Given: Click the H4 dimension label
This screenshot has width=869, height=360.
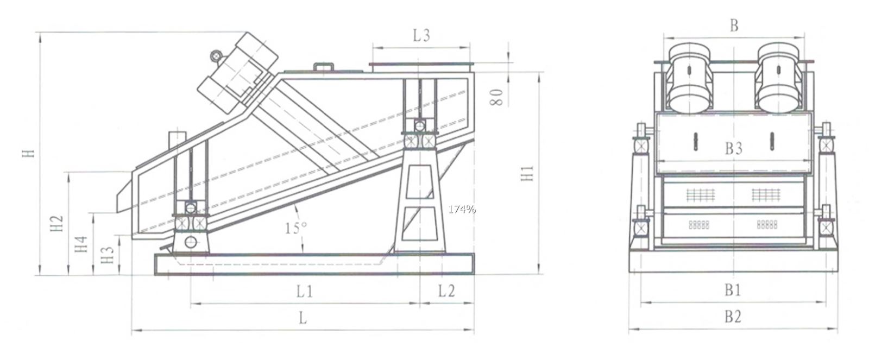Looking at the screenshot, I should [x=81, y=244].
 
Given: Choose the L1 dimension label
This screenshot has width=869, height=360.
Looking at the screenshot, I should [x=304, y=292].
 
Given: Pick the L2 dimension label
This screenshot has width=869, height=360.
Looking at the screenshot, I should [x=446, y=292].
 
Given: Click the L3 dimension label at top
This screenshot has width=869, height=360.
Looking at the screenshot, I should [x=421, y=36].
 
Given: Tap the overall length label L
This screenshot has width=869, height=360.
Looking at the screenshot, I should [x=303, y=318].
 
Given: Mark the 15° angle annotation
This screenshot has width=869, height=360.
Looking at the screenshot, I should [x=295, y=228].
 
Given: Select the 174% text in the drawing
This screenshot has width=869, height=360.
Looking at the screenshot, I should [x=462, y=209].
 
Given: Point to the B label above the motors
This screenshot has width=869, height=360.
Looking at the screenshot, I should [x=734, y=26].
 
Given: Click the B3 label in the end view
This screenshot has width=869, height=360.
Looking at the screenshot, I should [x=733, y=148].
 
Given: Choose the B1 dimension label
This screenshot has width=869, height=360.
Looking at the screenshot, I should [x=733, y=290].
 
